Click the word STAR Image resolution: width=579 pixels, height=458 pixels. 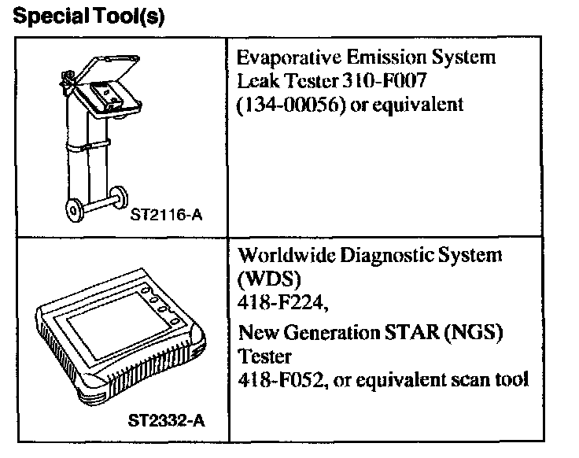pos(408,334)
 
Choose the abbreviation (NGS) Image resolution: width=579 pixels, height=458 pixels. pos(471,334)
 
